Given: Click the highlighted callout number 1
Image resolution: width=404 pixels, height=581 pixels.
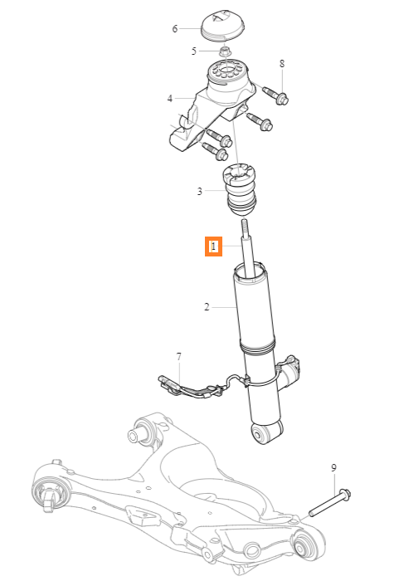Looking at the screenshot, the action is [214, 246].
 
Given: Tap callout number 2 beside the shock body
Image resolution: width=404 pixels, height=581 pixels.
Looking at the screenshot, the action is [207, 307].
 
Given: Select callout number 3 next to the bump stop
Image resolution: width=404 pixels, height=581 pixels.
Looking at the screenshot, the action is [200, 191].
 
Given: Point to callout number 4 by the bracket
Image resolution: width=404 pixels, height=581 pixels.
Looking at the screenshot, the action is [170, 99].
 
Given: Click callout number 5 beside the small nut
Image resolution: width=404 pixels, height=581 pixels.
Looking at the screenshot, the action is [194, 51].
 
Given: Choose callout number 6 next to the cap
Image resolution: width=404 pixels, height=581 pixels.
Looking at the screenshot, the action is [175, 28].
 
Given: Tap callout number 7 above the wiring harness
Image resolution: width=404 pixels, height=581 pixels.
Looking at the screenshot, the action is [179, 357].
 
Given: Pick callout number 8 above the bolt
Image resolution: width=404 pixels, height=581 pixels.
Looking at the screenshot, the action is [282, 64].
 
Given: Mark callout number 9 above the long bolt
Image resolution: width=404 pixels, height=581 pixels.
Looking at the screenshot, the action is [333, 468].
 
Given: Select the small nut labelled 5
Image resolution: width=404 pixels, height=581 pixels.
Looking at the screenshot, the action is [225, 51].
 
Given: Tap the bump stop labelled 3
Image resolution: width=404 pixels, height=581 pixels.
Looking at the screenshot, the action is [240, 189].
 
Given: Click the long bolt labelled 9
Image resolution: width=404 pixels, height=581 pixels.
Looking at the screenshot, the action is [330, 503].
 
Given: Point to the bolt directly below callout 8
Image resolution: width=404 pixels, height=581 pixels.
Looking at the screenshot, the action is [276, 94].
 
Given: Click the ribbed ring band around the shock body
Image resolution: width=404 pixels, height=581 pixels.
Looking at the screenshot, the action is [257, 346].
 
